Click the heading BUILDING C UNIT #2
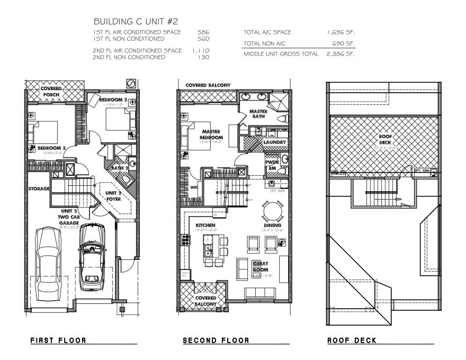coord(136,22)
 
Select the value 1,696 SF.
coord(340,32)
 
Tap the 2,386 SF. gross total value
coord(340,54)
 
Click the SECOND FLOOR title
coord(216,340)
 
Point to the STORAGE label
coord(39,188)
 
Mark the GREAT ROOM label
coord(261,266)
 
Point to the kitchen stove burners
coord(186,239)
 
